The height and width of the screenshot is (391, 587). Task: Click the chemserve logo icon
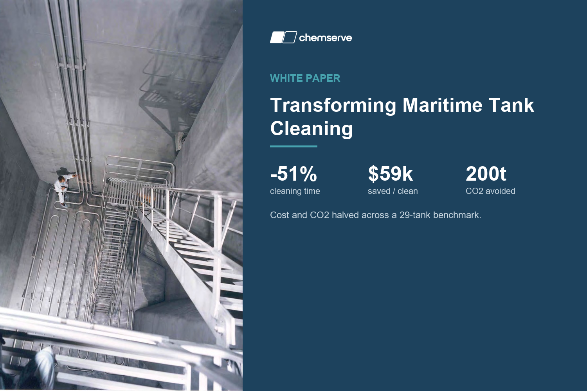[x=284, y=37]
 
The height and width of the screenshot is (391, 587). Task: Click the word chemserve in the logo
[x=326, y=38]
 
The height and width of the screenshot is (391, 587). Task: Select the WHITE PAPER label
[x=305, y=78]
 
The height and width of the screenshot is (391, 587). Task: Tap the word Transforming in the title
[x=333, y=106]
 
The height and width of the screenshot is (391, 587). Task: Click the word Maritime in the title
[x=442, y=105]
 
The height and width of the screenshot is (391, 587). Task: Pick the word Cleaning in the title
[x=312, y=129]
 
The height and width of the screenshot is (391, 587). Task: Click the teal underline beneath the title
[x=293, y=146]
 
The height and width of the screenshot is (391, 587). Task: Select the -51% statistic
[x=293, y=174]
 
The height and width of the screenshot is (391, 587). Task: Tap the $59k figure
[x=390, y=174]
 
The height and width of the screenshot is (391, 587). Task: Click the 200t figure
[x=486, y=174]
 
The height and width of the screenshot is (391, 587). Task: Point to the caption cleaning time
[x=295, y=191]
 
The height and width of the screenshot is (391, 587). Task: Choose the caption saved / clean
[x=393, y=191]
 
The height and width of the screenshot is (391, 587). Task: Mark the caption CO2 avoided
[x=490, y=191]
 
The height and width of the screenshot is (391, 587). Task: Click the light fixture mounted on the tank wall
[x=181, y=141]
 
